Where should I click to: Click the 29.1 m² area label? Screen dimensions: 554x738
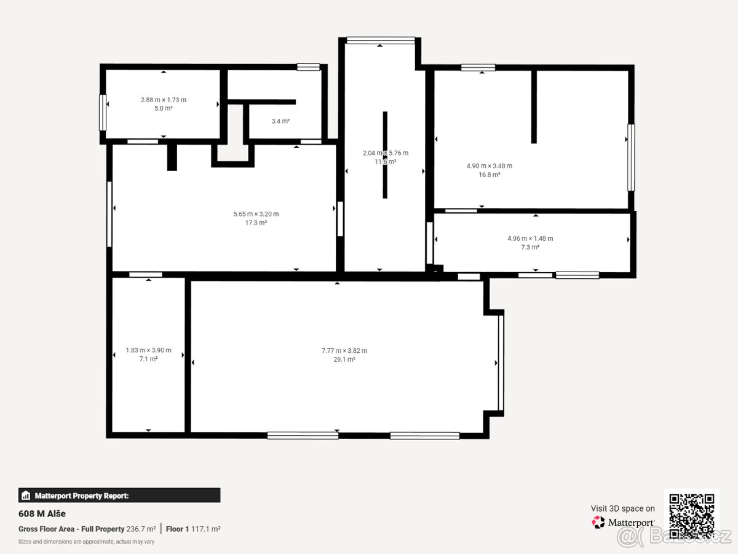click(344, 359)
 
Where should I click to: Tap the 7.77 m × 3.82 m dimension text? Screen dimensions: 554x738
click(344, 351)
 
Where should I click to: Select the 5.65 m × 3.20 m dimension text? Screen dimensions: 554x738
click(256, 214)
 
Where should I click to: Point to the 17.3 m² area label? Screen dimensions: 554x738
click(256, 223)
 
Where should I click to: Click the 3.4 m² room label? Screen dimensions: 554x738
click(280, 121)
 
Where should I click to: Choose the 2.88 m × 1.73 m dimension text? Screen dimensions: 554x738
click(164, 100)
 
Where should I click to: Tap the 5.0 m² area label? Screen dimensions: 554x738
click(164, 108)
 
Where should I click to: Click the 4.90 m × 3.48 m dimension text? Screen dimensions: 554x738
click(489, 166)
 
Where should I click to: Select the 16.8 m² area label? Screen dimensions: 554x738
click(489, 175)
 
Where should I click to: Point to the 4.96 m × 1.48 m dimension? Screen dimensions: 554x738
click(530, 238)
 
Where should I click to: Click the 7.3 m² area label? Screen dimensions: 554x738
click(530, 247)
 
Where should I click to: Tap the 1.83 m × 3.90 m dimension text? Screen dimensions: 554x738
click(148, 350)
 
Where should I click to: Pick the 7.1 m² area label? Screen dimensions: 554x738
click(148, 359)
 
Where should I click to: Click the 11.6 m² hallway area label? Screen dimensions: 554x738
click(386, 162)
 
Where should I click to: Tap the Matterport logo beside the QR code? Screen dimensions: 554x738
click(623, 523)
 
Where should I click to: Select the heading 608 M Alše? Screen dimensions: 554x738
click(42, 514)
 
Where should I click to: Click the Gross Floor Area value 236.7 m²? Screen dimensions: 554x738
click(141, 529)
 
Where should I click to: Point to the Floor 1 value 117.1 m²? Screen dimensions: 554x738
click(206, 529)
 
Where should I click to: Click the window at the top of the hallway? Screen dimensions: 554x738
click(381, 41)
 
